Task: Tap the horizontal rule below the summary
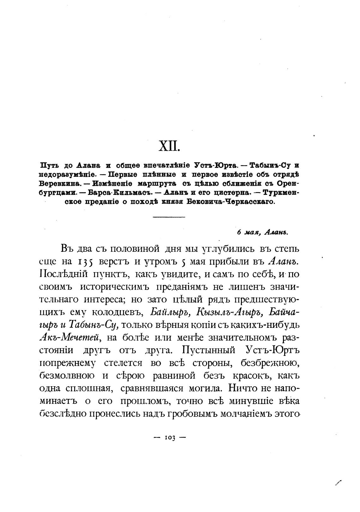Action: point(169,217)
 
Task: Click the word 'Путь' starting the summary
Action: point(49,165)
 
